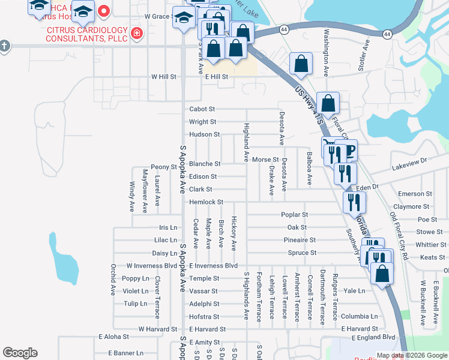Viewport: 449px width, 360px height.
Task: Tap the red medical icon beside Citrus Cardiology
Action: click(137, 32)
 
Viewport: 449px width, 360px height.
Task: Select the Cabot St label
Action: click(202, 109)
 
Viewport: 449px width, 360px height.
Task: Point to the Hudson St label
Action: click(205, 134)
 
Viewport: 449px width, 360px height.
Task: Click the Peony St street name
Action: click(163, 167)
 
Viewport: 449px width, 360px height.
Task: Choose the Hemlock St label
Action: click(206, 202)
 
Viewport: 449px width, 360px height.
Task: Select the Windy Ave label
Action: click(132, 197)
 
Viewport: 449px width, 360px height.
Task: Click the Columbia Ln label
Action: click(360, 316)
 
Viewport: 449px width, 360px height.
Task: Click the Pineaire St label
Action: click(300, 240)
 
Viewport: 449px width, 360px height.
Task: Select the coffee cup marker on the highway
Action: click(348, 149)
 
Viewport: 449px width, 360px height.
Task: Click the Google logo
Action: click(20, 353)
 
